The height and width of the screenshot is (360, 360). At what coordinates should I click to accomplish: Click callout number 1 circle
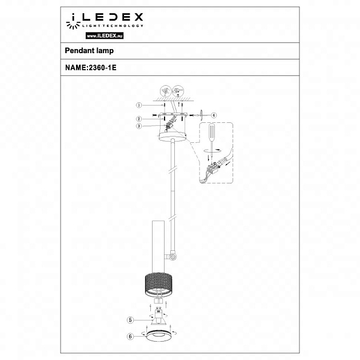138,105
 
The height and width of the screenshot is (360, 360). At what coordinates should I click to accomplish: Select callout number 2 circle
138,118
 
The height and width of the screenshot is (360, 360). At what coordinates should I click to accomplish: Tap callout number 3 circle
138,126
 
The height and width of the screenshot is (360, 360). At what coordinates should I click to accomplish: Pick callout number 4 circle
214,115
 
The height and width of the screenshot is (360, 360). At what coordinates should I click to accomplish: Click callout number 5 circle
130,320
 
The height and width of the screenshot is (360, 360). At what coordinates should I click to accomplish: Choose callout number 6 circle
130,337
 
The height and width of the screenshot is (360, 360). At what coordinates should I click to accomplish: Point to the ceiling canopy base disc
172,136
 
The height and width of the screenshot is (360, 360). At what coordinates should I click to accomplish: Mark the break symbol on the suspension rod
171,170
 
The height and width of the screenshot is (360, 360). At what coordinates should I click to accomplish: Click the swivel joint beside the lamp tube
171,258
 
